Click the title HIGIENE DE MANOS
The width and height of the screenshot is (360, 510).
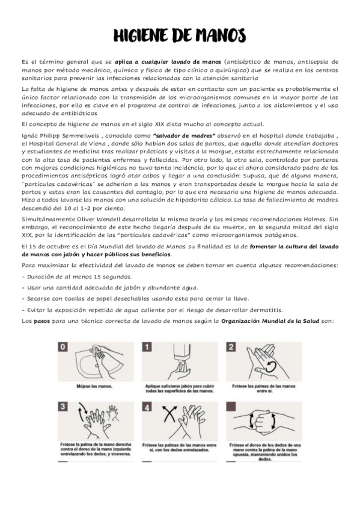point(180,35)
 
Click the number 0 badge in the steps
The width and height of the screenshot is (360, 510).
point(63,347)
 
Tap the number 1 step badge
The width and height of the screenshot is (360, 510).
point(147,347)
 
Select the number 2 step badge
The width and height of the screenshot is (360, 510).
point(231,347)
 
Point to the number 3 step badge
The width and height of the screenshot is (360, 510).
point(63,407)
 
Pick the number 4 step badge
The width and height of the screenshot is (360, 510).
point(147,407)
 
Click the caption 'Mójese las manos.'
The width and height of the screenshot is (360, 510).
point(94,386)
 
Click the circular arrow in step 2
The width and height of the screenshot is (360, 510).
point(270,367)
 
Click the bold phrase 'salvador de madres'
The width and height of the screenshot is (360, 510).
point(184,136)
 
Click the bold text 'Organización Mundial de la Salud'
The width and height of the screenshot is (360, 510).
point(270,321)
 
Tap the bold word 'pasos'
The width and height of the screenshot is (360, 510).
point(42,321)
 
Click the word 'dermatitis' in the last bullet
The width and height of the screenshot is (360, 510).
point(267,310)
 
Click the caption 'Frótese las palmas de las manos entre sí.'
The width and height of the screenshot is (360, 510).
point(264,389)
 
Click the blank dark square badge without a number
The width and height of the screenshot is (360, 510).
point(231,407)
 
